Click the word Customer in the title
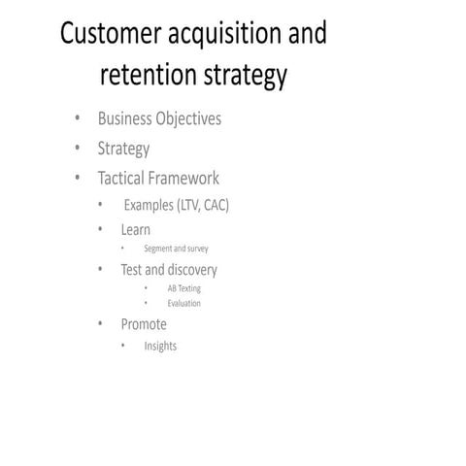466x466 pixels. tap(106, 34)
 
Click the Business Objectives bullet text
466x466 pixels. tap(159, 119)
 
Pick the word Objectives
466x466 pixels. tap(187, 119)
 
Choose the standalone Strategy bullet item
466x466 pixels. tap(123, 150)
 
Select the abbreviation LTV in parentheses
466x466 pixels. tap(188, 205)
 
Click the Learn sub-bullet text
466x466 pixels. tap(135, 230)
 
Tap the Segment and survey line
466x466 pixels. tap(176, 249)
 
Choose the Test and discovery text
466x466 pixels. tap(169, 270)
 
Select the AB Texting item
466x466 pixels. tap(184, 288)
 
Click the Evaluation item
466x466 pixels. tap(184, 304)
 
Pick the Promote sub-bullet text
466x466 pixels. tap(144, 324)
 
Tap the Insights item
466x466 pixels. tap(160, 346)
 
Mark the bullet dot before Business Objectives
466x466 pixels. tap(77, 119)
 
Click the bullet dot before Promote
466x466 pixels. tap(100, 324)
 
